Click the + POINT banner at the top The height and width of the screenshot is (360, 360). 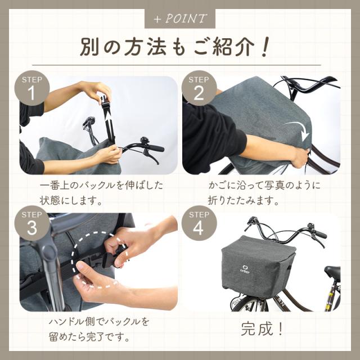(x=180, y=19)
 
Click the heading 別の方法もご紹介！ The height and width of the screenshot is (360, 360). (x=174, y=47)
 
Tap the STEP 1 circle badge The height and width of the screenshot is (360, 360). (x=32, y=88)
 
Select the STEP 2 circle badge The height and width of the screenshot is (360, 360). (x=199, y=88)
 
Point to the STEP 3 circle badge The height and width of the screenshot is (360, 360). (x=32, y=223)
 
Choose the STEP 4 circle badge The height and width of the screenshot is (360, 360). (x=199, y=223)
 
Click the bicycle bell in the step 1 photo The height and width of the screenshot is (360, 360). (x=145, y=140)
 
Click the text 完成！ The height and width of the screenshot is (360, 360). (x=262, y=328)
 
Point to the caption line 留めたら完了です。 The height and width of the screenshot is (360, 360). (x=89, y=337)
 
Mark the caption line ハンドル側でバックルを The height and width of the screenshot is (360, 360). (x=99, y=322)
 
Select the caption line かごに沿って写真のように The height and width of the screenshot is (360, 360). (x=264, y=185)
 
